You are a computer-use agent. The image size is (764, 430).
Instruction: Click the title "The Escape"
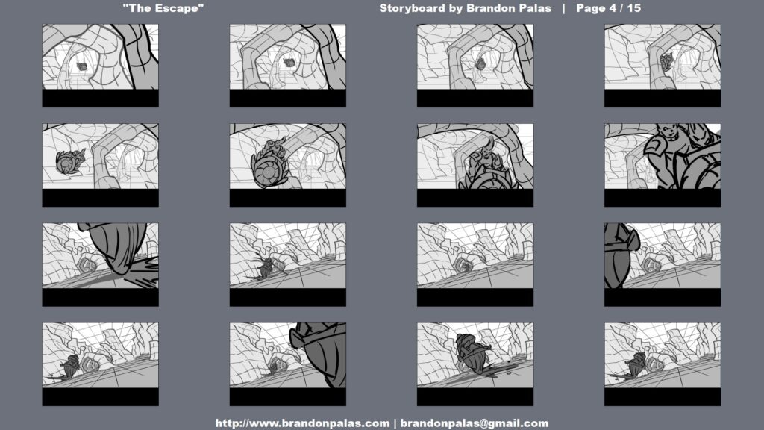pos(163,8)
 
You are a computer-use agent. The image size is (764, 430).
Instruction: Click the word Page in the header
pos(592,8)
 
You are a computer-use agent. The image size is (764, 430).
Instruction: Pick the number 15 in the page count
pos(634,8)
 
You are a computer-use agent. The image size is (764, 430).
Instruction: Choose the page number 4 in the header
pos(613,8)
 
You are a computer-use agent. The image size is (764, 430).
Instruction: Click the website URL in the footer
pos(302,423)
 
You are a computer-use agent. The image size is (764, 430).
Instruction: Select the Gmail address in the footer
pos(474,423)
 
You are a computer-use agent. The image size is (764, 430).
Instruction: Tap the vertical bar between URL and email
pos(395,423)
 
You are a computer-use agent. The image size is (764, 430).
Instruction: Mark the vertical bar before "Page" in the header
pos(564,8)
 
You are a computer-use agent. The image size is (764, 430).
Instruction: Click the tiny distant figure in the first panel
pos(82,66)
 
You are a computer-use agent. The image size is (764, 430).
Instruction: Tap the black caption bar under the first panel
pos(101,98)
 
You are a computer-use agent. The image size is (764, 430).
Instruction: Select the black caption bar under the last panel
pos(663,397)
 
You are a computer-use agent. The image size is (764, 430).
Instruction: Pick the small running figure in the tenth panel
pos(265,267)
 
